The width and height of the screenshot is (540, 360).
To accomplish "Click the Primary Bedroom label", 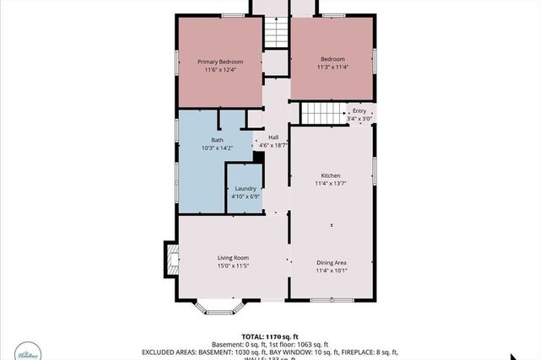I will point(220,62).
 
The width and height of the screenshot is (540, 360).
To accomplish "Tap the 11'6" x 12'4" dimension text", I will point(220,70).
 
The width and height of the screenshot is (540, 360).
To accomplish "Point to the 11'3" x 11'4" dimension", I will point(332,68).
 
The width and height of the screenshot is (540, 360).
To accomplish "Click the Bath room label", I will point(217,140).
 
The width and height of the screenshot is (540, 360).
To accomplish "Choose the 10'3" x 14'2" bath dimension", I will point(217,148).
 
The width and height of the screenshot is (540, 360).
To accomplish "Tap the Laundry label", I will point(246,189).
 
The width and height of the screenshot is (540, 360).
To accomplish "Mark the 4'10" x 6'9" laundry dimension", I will point(246,197).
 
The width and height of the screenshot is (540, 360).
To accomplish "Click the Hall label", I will point(273,137).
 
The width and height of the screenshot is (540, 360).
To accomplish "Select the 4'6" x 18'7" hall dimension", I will point(273,146).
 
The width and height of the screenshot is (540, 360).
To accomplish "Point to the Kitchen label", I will point(331,175).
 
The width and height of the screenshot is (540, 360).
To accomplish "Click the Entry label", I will point(359,110).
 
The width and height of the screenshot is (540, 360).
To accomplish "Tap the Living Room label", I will point(233,257).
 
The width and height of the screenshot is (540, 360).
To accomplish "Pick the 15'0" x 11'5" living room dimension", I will point(233,266).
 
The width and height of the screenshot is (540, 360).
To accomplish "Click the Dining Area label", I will point(331,262).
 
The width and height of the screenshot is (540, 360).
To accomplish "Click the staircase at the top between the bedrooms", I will point(276,34).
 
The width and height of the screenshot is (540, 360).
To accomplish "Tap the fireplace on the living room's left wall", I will point(171,258).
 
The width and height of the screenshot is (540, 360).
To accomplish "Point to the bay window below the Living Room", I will point(219,306).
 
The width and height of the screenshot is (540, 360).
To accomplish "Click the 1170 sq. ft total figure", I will point(283,336).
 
